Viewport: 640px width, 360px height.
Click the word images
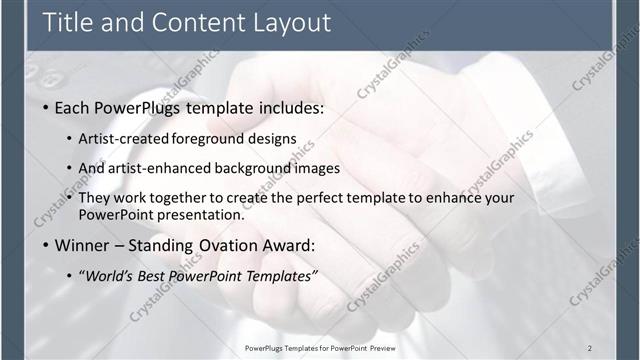pyautogui.click(x=322, y=168)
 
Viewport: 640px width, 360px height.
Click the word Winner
pyautogui.click(x=82, y=244)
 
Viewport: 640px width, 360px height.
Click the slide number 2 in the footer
pyautogui.click(x=589, y=347)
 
